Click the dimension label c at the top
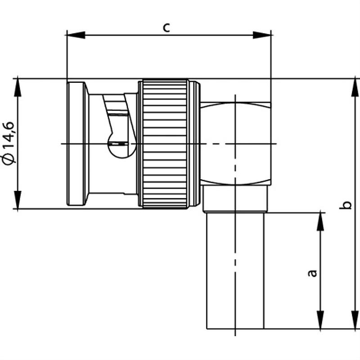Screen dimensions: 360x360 pos(166,27)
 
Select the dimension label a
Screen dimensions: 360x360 pos(312,272)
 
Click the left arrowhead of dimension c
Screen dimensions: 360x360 pos(74,35)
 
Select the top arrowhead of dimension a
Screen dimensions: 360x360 pos(320,220)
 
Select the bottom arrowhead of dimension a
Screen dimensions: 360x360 pos(320,320)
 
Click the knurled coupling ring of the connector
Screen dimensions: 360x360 pos(164,144)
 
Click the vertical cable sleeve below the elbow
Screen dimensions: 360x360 pos(235,270)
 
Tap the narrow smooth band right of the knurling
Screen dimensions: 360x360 pos(194,144)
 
